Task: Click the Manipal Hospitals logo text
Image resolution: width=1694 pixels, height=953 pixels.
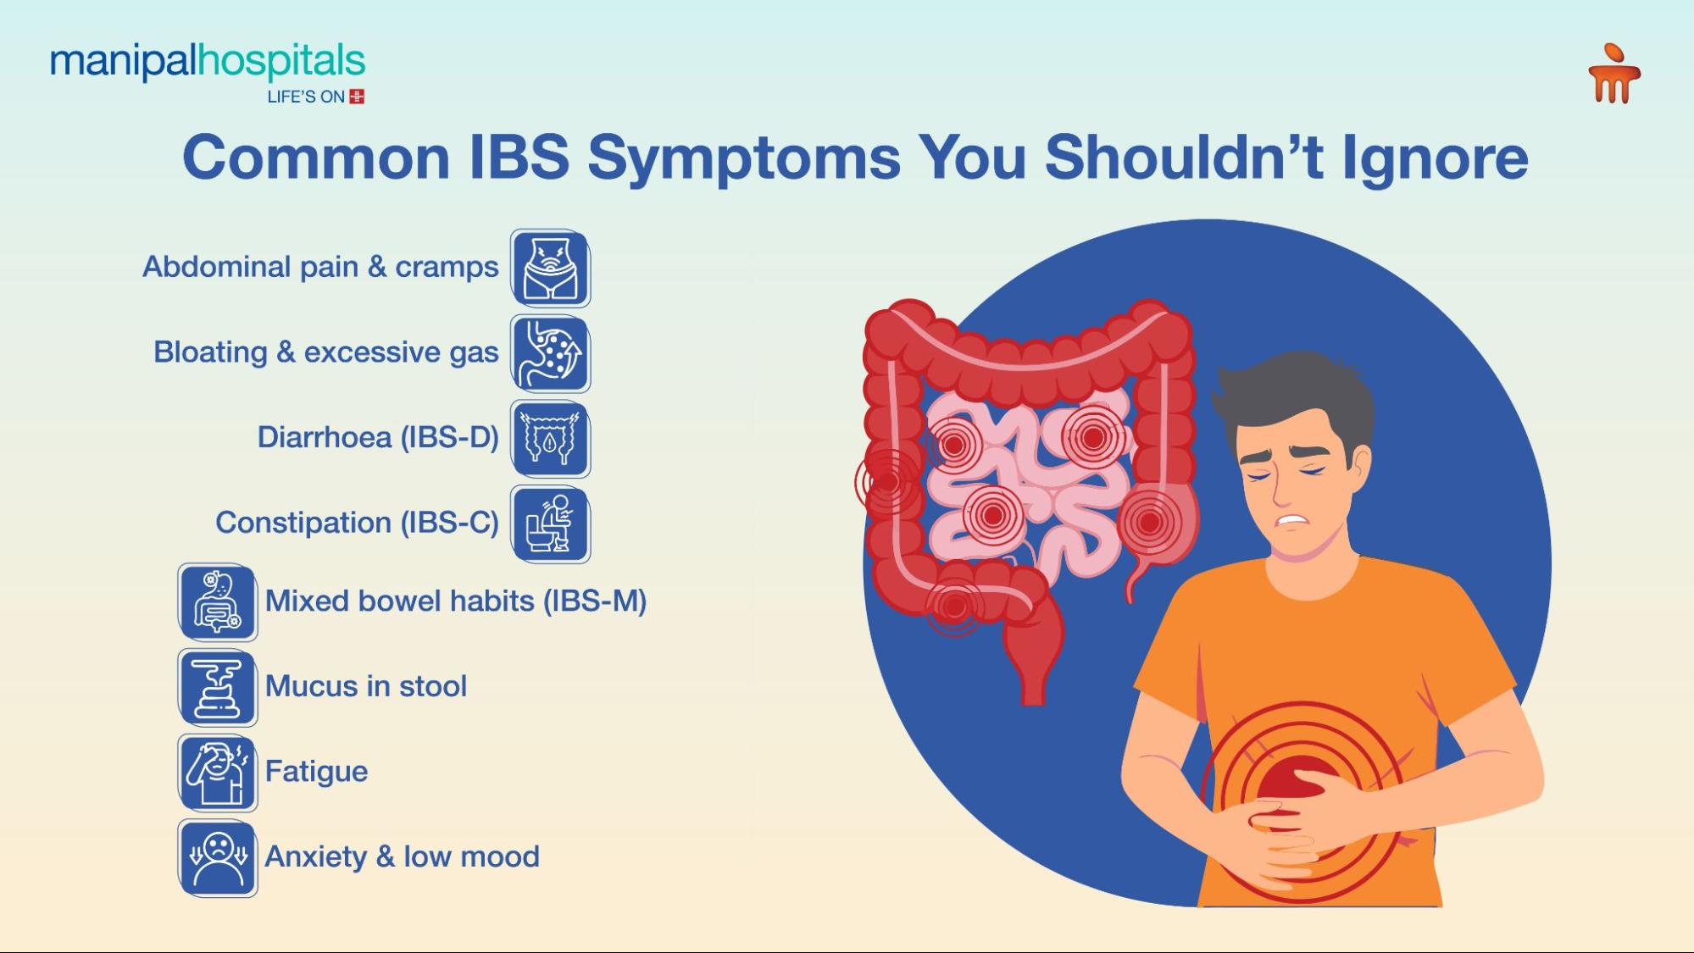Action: pyautogui.click(x=207, y=62)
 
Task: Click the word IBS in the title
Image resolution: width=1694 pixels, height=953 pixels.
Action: pyautogui.click(x=518, y=158)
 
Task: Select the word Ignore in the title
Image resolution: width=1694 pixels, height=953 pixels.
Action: pyautogui.click(x=1435, y=159)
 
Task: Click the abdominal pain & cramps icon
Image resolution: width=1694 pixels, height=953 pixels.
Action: pyautogui.click(x=550, y=269)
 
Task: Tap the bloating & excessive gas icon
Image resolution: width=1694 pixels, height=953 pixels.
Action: pyautogui.click(x=550, y=354)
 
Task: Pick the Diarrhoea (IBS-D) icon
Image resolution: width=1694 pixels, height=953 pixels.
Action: pyautogui.click(x=550, y=439)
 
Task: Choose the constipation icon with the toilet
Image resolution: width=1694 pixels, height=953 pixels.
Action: pyautogui.click(x=550, y=524)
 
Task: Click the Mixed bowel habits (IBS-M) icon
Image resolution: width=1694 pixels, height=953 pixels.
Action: pyautogui.click(x=218, y=602)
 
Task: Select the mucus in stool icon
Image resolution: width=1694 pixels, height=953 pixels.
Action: pyautogui.click(x=218, y=687)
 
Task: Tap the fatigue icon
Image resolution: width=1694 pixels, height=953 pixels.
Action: pyautogui.click(x=218, y=773)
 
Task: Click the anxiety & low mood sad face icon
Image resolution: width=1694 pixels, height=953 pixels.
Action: pyautogui.click(x=218, y=857)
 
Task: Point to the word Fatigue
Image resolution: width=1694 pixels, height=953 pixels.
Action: pyautogui.click(x=316, y=772)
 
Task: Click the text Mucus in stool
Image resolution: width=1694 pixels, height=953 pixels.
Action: pyautogui.click(x=365, y=686)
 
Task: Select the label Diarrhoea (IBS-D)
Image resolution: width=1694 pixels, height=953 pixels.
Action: pyautogui.click(x=378, y=437)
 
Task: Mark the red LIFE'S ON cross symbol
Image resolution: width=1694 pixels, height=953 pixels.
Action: pyautogui.click(x=357, y=97)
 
